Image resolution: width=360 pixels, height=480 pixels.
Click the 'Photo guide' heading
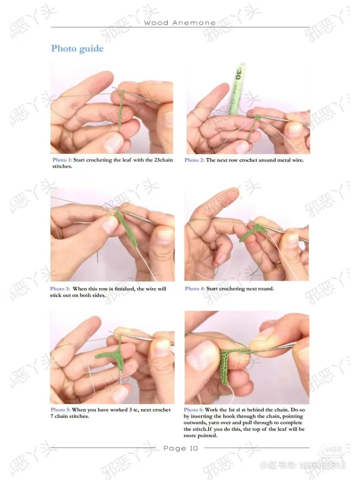(77, 49)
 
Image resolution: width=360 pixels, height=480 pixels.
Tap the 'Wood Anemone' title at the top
(180, 23)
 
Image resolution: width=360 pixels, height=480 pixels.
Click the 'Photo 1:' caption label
(62, 160)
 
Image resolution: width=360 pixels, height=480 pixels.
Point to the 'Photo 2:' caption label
(194, 160)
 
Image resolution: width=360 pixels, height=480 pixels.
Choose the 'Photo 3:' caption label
(60, 289)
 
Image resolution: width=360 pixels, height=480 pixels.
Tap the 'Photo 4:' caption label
(195, 289)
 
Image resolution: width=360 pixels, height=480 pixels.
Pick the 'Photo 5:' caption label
(61, 410)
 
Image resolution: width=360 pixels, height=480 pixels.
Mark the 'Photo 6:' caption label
(193, 410)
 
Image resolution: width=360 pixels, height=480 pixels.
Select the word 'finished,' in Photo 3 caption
(125, 289)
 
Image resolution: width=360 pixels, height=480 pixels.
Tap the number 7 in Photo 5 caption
(52, 416)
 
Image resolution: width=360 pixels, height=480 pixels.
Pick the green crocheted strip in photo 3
(126, 229)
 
